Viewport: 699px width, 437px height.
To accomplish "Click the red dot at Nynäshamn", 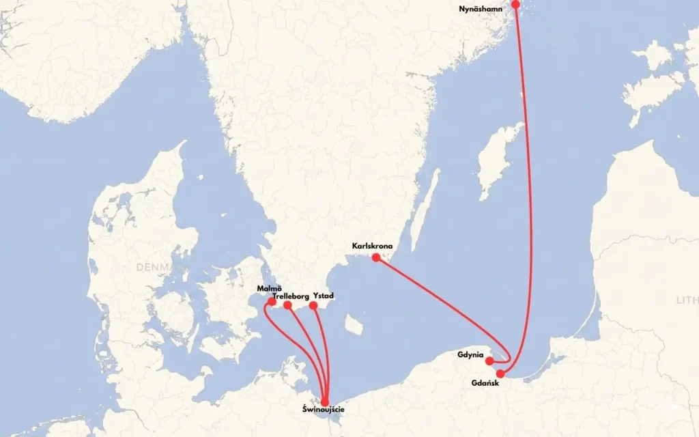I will tap(515, 4).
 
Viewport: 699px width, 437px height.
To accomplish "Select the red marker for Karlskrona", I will tap(375, 257).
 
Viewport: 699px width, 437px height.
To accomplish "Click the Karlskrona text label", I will tap(372, 246).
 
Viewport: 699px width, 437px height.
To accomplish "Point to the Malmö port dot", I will tap(272, 301).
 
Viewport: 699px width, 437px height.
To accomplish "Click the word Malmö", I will tap(270, 290).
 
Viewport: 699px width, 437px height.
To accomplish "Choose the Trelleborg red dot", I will tap(287, 305).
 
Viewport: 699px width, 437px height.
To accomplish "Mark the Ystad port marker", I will tap(313, 305).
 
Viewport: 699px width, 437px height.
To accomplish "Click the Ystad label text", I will tap(323, 296).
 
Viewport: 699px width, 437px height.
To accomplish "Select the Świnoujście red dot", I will tap(325, 401).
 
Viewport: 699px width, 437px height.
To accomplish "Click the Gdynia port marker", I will tap(489, 361).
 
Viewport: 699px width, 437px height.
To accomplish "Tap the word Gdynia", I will tap(471, 355).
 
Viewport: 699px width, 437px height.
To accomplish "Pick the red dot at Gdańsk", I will tap(500, 373).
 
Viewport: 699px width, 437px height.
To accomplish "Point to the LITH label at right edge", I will tap(687, 300).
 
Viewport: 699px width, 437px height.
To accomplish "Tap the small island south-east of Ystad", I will tap(352, 320).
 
